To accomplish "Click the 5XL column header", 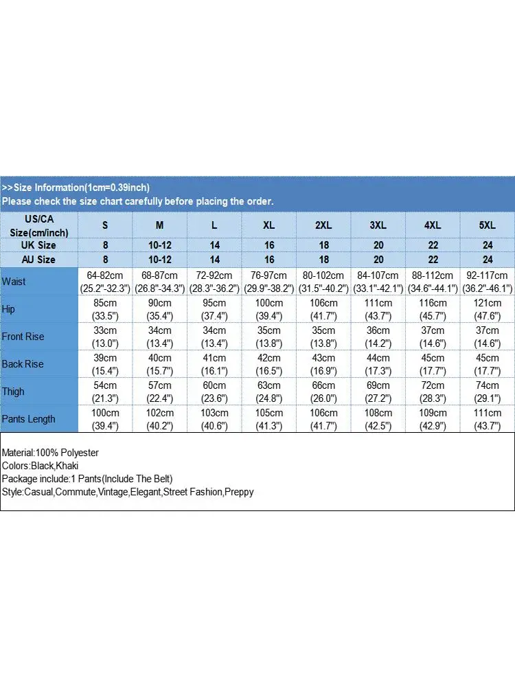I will coord(488,225).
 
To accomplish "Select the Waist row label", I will coord(14,282).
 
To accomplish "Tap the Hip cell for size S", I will coord(105,309).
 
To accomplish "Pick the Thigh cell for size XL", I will coord(268,392).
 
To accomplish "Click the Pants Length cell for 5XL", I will coord(488,419).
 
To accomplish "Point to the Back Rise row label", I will coord(23,364).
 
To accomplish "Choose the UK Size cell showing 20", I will coord(378,245).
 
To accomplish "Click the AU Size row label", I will coord(38,260).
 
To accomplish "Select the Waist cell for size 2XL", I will coord(323,282).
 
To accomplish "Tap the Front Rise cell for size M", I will coord(159,337).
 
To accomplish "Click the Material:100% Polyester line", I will coord(51,453).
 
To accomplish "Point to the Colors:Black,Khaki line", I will coord(40,466).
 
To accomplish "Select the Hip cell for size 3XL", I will coord(378,309).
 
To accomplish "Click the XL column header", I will coord(268,225).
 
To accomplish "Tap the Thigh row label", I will coord(13,392).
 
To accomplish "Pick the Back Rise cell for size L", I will coord(214,364).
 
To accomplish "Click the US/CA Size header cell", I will coord(38,225).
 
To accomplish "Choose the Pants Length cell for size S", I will coord(105,419).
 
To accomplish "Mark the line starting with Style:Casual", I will coord(128,492).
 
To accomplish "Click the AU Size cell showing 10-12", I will coord(159,260).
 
